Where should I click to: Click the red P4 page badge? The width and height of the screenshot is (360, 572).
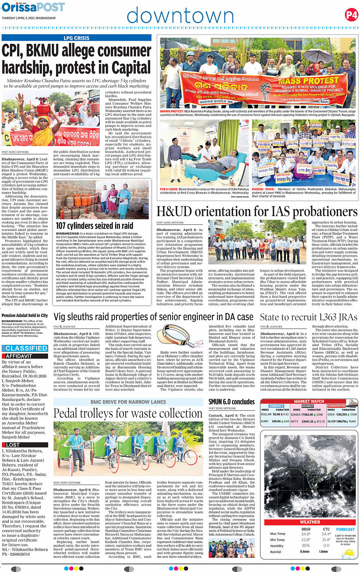351,15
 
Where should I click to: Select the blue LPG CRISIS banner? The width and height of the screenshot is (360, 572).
76,38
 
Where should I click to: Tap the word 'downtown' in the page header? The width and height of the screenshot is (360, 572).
180,16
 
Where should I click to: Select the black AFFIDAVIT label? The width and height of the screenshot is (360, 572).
19,356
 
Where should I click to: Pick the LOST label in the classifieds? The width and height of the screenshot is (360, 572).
13,445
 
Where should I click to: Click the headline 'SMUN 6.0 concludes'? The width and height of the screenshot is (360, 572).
232,402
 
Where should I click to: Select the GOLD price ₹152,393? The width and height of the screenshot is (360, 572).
341,414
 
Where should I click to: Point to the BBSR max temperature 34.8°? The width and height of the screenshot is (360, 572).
306,534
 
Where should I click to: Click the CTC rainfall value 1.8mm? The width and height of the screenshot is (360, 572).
323,551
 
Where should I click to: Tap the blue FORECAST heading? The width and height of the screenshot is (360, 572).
345,529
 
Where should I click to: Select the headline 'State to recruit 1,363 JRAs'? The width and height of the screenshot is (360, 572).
309,317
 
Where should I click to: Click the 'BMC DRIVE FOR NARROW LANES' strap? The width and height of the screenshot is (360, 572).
128,402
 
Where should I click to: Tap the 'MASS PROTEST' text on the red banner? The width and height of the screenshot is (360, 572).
309,81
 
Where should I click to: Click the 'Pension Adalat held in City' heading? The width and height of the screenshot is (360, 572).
25,316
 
